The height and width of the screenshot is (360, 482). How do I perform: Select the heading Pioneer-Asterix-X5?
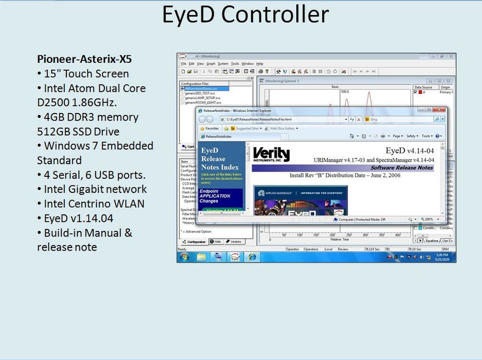pos(84,59)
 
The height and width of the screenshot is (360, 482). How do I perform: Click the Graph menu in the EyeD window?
pos(210,64)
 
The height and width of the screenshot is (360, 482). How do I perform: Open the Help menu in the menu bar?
pos(260,64)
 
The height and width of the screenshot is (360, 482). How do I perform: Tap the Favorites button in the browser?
pos(209,129)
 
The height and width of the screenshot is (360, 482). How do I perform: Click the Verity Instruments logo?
pos(271,154)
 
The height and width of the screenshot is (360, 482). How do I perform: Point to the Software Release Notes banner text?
pos(401,168)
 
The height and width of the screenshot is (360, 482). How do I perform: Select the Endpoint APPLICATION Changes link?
pos(215,196)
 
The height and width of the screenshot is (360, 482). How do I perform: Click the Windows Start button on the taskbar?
pos(184,257)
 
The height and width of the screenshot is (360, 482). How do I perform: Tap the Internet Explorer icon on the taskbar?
pos(252,257)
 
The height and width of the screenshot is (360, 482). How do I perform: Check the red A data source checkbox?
pos(415,92)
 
